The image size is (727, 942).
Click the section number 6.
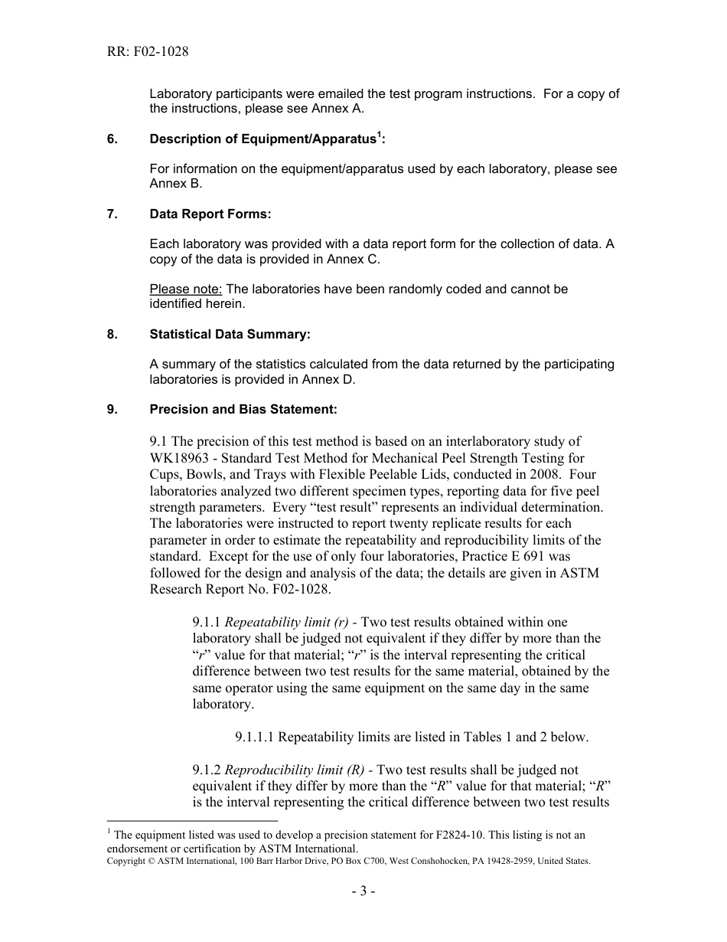(112, 139)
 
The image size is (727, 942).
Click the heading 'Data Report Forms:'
(210, 214)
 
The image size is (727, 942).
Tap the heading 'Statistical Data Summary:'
(230, 335)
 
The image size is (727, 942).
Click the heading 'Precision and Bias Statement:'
(243, 410)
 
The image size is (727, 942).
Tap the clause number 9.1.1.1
(254, 738)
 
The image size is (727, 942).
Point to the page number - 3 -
(363, 891)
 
